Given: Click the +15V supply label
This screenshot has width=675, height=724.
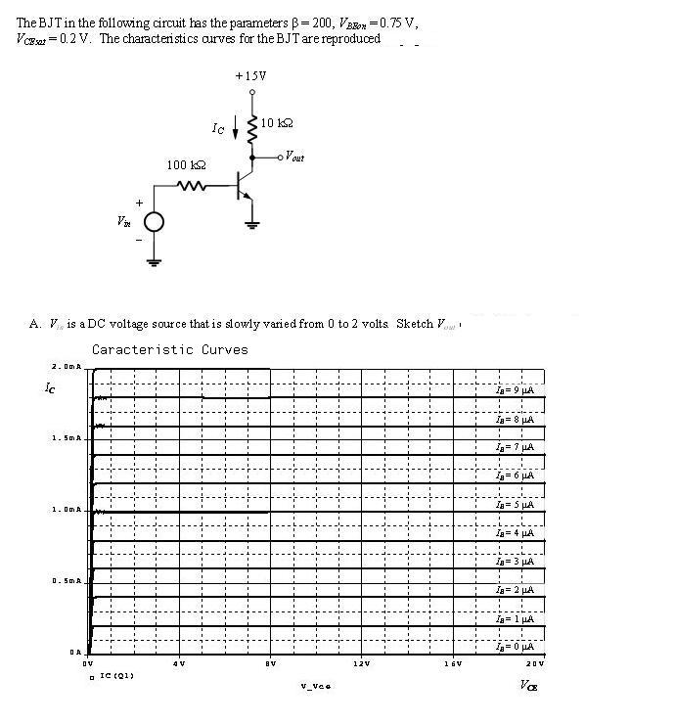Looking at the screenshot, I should (250, 75).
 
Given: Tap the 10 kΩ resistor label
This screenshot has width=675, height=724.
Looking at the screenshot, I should (277, 123).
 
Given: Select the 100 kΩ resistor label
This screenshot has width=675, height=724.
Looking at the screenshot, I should (185, 165).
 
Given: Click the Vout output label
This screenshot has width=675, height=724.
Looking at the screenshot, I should (292, 158).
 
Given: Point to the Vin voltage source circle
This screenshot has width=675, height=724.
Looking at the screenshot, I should (155, 223).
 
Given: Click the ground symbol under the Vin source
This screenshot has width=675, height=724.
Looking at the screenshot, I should (155, 261).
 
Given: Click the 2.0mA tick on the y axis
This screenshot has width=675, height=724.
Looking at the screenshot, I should (65, 367).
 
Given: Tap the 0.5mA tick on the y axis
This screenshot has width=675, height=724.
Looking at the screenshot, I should (65, 580).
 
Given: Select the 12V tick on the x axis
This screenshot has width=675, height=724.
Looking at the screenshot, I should (361, 664).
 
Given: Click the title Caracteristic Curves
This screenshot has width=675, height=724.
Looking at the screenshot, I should (170, 349).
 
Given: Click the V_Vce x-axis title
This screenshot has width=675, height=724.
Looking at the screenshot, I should (315, 685).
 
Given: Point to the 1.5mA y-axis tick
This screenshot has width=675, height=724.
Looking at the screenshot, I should (65, 437).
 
